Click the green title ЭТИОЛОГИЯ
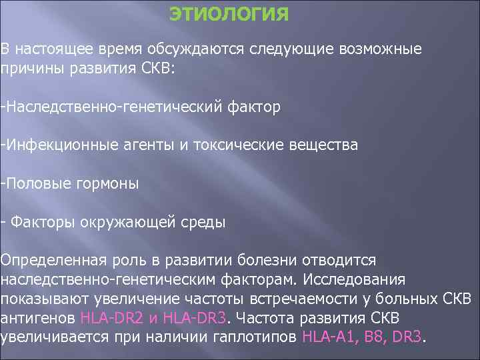[x=229, y=15]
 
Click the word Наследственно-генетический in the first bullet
[x=107, y=107]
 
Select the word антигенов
[x=38, y=317]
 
